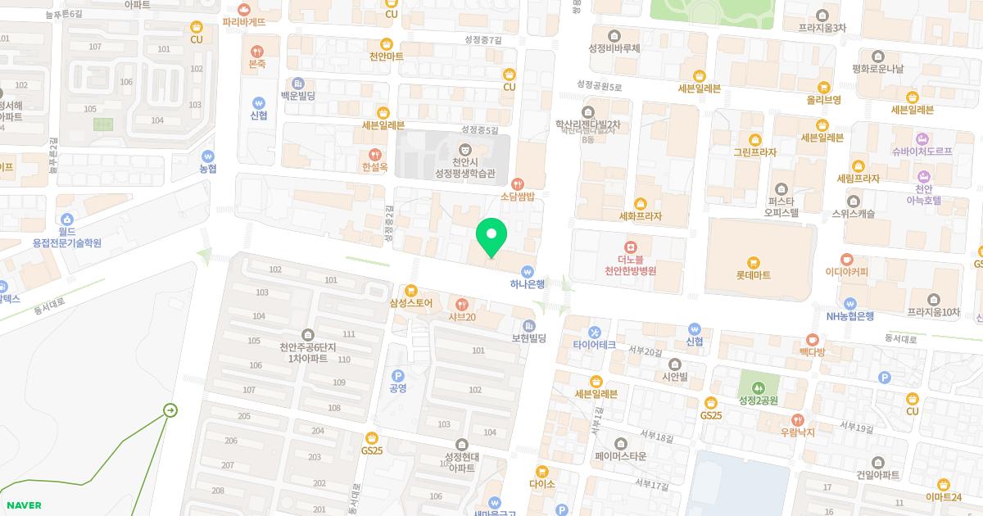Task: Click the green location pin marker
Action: coord(491,238)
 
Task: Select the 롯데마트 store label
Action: coord(753,275)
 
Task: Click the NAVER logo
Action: coord(23,505)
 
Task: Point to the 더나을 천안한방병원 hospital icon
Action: coord(631,247)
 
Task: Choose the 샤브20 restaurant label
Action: coord(462,317)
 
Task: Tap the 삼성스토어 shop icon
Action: coord(411,290)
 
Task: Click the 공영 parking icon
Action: coord(398,374)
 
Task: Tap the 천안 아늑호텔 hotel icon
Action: coord(925,177)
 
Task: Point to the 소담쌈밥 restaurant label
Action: coord(517,197)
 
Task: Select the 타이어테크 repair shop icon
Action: coord(595,332)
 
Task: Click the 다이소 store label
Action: coord(542,484)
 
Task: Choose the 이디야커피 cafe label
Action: coord(846,272)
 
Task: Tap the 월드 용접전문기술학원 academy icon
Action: coord(67,219)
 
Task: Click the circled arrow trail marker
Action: coord(170,410)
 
